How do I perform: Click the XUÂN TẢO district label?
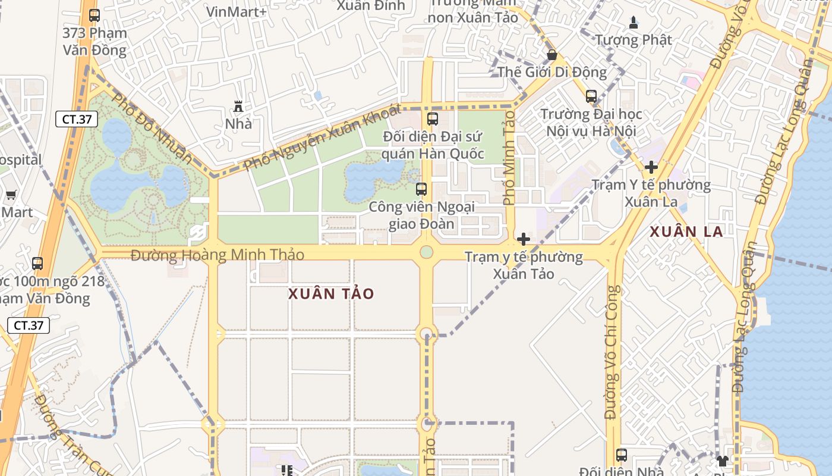(331, 294)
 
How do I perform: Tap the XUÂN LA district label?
(686, 231)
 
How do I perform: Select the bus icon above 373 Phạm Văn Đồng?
(94, 15)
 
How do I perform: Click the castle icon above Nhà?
(238, 107)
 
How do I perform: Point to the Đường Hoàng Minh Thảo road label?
(218, 255)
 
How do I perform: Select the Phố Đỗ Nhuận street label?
(152, 129)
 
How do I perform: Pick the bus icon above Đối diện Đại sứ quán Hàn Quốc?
(433, 119)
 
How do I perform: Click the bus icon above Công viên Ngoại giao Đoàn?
(421, 190)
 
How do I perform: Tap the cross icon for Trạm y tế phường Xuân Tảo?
(524, 239)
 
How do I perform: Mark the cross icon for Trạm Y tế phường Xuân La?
(651, 167)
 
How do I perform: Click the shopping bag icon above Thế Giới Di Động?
(552, 55)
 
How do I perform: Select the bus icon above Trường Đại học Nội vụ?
(591, 96)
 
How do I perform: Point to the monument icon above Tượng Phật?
(634, 23)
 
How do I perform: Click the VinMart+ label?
(237, 11)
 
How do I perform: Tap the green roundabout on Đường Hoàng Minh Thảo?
(426, 252)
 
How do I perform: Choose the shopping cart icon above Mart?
(11, 195)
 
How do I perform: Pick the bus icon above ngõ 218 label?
(37, 263)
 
